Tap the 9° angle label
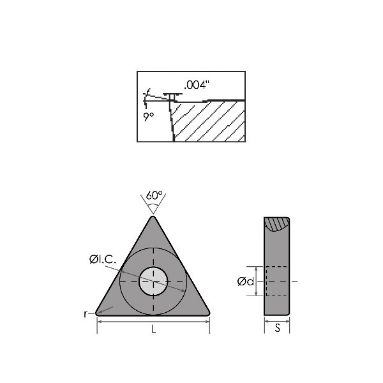pos(149,116)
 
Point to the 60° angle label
pos(153,195)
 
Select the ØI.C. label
pos(102,259)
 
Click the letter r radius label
pos(85,313)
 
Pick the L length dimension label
pos(153,329)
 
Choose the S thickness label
pos(277,329)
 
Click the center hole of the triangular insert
pos(153,281)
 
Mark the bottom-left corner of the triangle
pos(98,313)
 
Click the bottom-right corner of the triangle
pos(207,313)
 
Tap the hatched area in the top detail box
pos(211,121)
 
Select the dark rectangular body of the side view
pos(276,281)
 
